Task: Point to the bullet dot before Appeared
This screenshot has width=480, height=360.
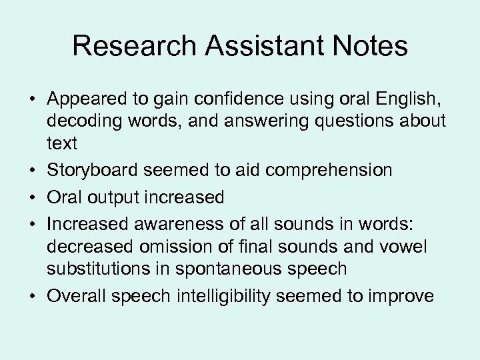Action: pos(32,100)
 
